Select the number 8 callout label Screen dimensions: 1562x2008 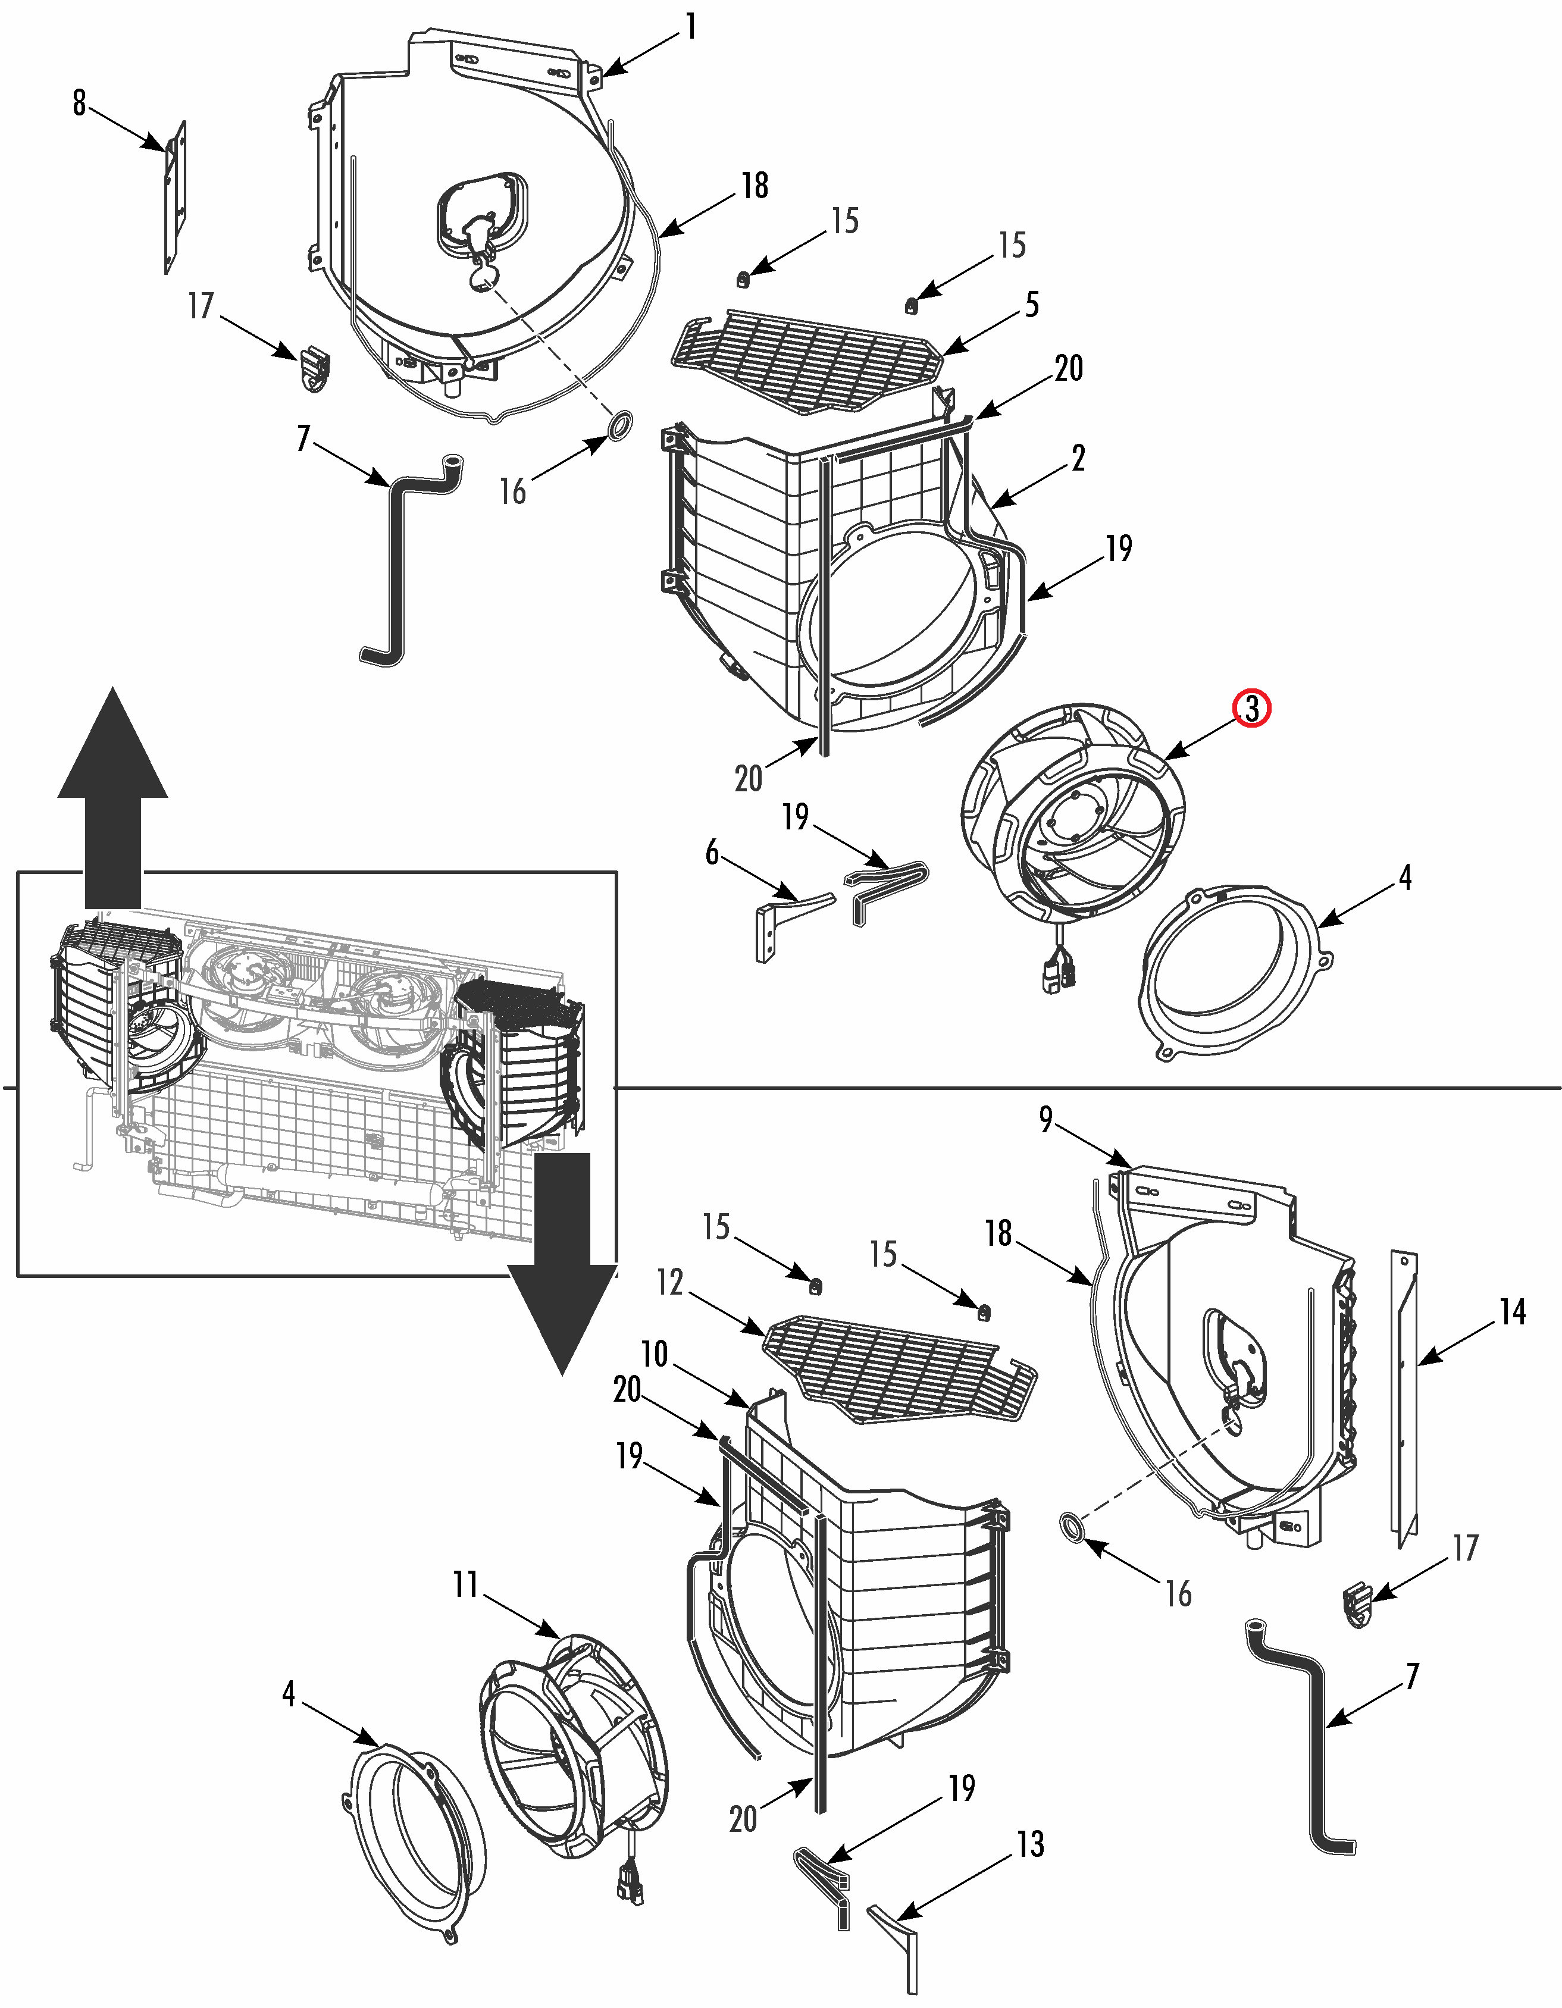point(79,102)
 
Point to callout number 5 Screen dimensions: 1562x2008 point(1032,305)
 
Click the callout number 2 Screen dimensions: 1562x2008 point(1078,458)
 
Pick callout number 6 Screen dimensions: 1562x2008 point(712,853)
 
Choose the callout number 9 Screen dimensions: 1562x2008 point(1045,1119)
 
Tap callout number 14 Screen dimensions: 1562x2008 point(1513,1312)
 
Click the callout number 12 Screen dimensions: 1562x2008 point(670,1282)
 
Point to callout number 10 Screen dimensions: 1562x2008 point(654,1354)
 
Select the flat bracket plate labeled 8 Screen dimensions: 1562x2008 point(176,198)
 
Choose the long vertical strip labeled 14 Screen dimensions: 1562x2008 point(1404,1398)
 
